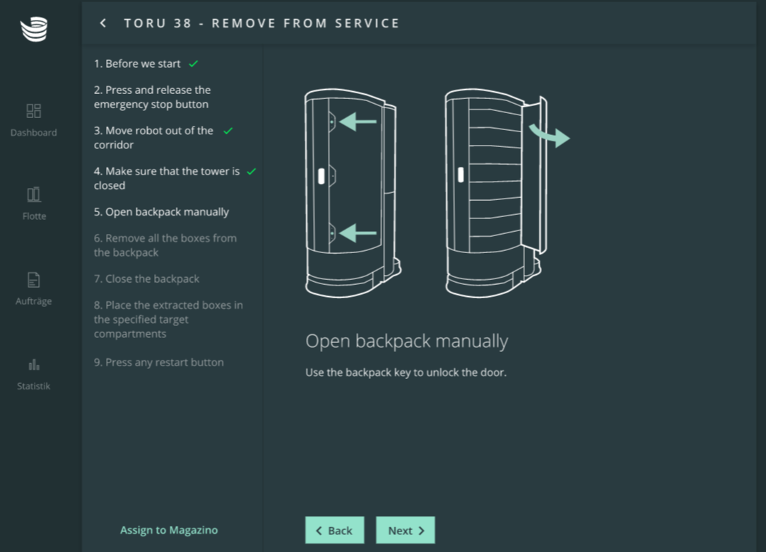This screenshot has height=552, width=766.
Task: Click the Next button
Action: pyautogui.click(x=405, y=530)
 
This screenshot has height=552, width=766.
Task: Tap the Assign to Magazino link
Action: pyautogui.click(x=169, y=530)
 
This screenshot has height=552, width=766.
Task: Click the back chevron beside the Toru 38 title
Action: pyautogui.click(x=103, y=23)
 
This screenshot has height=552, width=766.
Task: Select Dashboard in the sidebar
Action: pyautogui.click(x=34, y=119)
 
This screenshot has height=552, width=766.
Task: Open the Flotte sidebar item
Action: pyautogui.click(x=34, y=204)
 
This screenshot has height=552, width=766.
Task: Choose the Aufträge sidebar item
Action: pyautogui.click(x=34, y=288)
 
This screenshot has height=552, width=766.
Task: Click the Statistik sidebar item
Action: pyautogui.click(x=34, y=374)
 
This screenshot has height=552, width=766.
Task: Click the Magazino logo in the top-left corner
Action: pyautogui.click(x=34, y=29)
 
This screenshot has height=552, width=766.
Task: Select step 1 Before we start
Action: pyautogui.click(x=137, y=64)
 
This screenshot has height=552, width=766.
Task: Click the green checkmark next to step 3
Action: pyautogui.click(x=228, y=131)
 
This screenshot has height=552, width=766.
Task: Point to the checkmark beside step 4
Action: pyautogui.click(x=252, y=171)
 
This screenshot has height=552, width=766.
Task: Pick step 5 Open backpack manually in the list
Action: pyautogui.click(x=161, y=211)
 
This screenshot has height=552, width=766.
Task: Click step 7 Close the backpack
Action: pyautogui.click(x=146, y=278)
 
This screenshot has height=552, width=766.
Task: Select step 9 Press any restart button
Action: pyautogui.click(x=159, y=362)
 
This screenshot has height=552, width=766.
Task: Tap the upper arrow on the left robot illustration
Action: pyautogui.click(x=358, y=121)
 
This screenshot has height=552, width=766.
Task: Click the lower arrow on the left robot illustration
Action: pyautogui.click(x=358, y=233)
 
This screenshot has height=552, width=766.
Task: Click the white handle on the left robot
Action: pyautogui.click(x=322, y=176)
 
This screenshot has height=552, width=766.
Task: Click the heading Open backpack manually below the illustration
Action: pyautogui.click(x=406, y=341)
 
